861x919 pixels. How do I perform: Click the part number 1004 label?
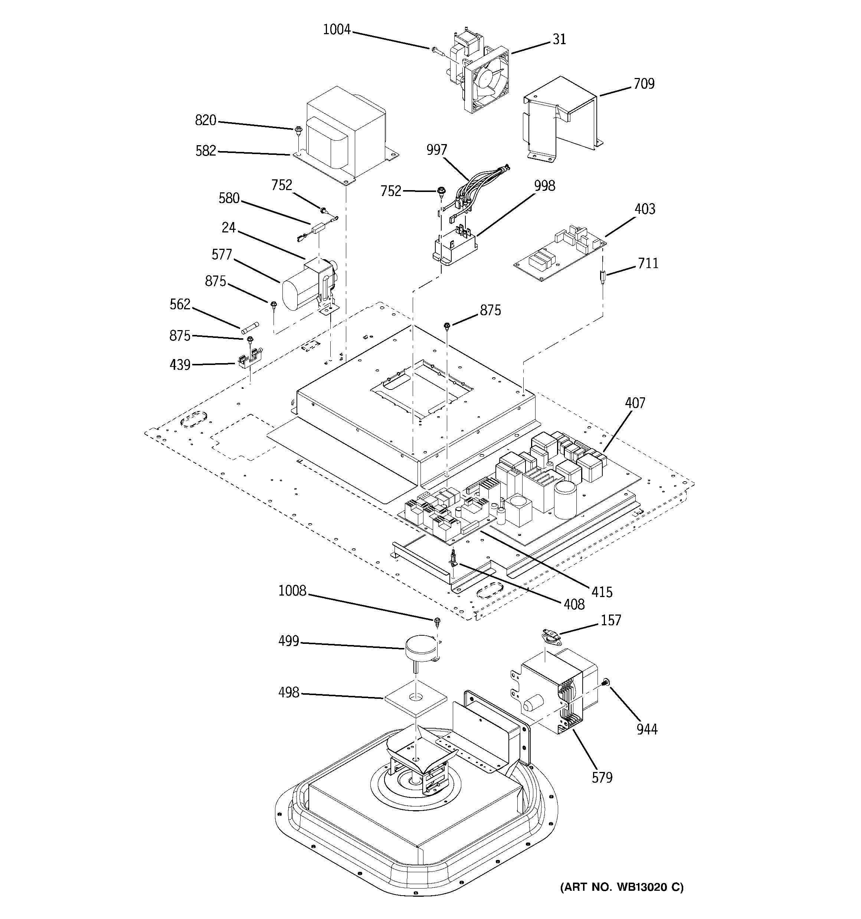click(x=337, y=30)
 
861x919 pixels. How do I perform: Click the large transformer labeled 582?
click(x=347, y=134)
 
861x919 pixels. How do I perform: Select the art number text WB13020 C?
click(x=622, y=887)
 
